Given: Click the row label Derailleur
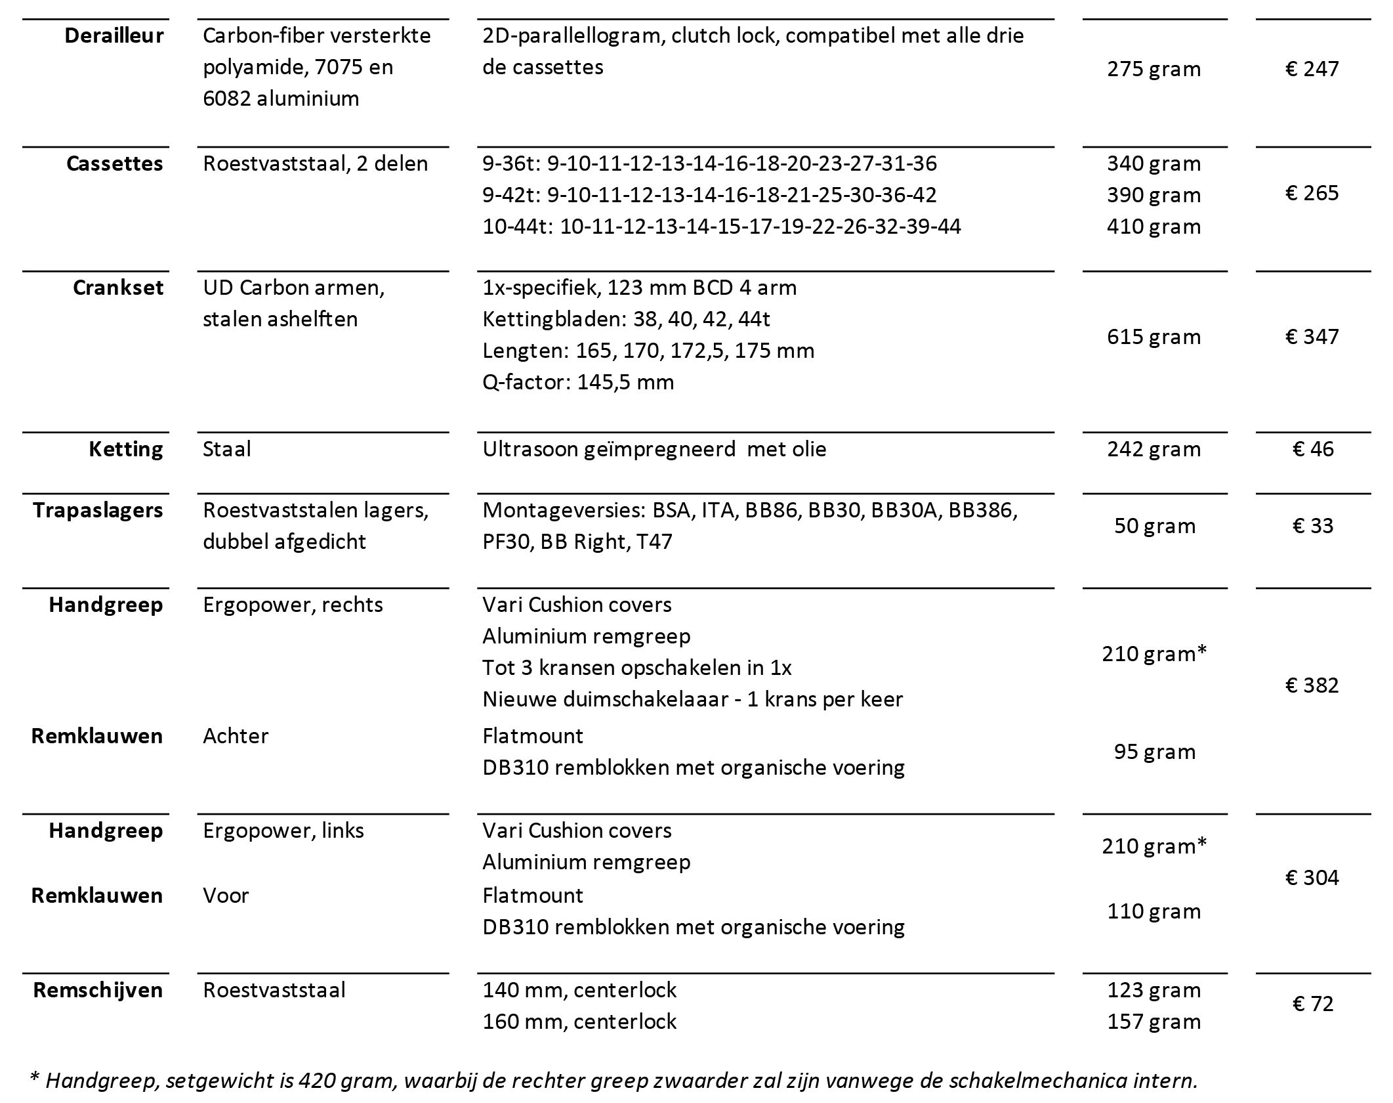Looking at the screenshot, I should point(114,35).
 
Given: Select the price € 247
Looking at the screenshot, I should point(1312,68).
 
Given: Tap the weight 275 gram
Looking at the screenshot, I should point(1154,68).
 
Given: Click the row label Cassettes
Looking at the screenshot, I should point(114,163).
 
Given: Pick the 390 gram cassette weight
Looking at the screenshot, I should point(1154,195).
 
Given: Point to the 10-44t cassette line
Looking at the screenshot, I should point(721,227).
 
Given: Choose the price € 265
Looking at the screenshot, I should point(1312,193).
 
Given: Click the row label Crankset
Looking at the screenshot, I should point(117,288).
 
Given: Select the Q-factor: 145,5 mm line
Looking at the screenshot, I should point(577,382).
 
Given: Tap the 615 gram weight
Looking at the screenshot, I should point(1154,337).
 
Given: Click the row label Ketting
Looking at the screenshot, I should point(125,449).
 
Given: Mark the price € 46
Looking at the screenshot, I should point(1312,449).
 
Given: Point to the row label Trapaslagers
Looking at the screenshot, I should point(98,510).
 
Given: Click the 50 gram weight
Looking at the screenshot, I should point(1154,526).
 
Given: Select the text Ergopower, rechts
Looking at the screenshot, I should point(293,605).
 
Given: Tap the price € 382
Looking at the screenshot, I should point(1312,685).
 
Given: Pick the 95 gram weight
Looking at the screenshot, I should point(1154,752).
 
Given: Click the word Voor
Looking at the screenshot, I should point(226,896).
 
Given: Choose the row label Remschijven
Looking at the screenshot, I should point(98,990).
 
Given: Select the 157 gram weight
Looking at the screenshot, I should point(1154,1022).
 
